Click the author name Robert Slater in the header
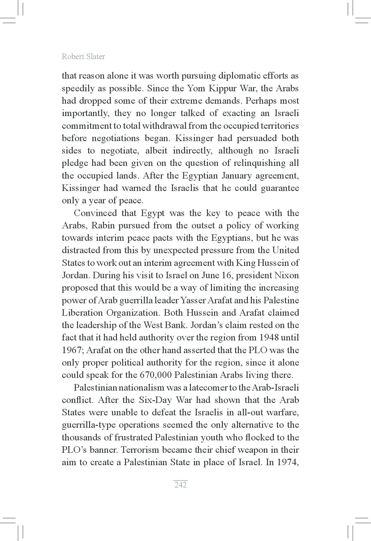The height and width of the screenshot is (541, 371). pyautogui.click(x=83, y=57)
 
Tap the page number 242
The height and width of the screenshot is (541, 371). pyautogui.click(x=180, y=485)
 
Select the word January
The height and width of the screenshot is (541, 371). pyautogui.click(x=237, y=176)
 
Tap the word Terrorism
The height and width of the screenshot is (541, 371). pyautogui.click(x=139, y=450)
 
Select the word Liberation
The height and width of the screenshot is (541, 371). pyautogui.click(x=82, y=313)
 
